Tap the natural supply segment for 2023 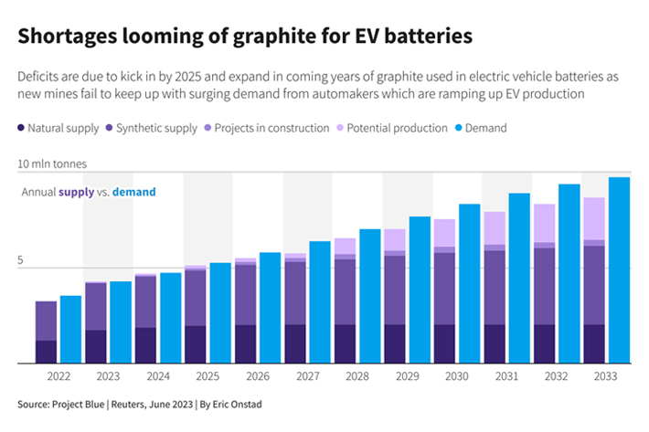[95, 346]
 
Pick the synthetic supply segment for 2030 [444, 288]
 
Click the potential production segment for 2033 [594, 218]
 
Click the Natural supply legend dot [20, 128]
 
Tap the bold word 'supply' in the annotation [76, 192]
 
